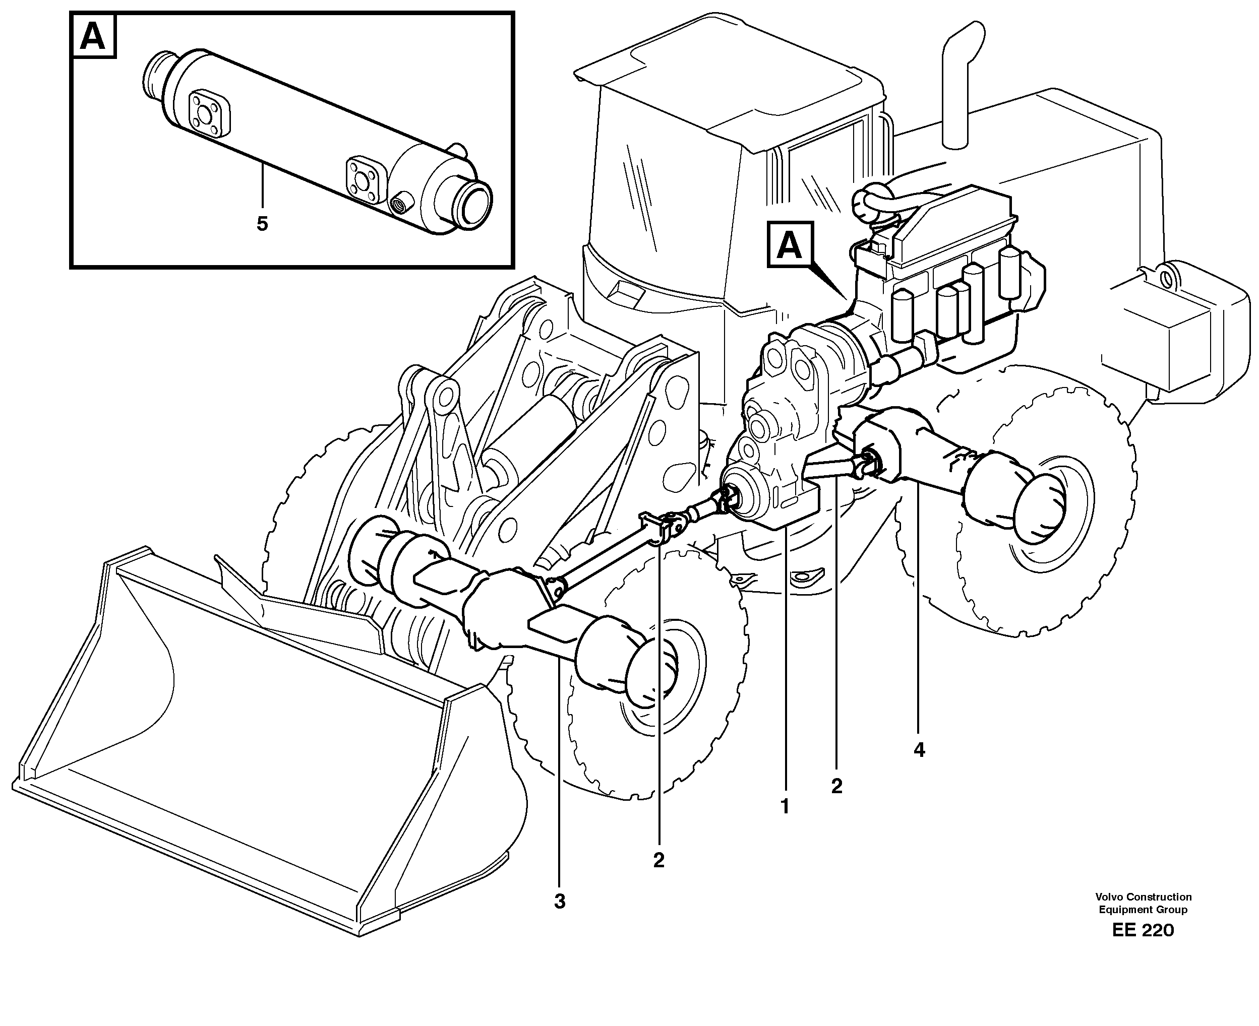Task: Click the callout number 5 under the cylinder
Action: pyautogui.click(x=262, y=224)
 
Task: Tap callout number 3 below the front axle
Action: pyautogui.click(x=560, y=902)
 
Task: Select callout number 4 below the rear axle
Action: pyautogui.click(x=918, y=750)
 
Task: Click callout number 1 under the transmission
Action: pyautogui.click(x=785, y=806)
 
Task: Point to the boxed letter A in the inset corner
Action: pyautogui.click(x=93, y=37)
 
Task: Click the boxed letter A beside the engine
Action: pyautogui.click(x=790, y=245)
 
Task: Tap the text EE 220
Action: pyautogui.click(x=1143, y=930)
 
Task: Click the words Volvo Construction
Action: pyautogui.click(x=1143, y=896)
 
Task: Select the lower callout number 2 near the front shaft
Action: pyautogui.click(x=658, y=860)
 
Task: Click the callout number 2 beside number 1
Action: pyautogui.click(x=836, y=786)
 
